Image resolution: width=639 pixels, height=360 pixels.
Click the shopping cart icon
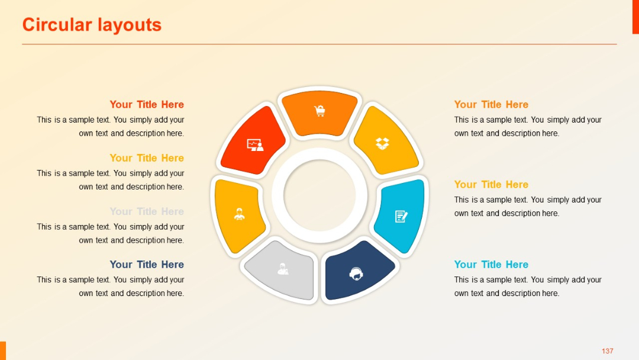tap(320, 111)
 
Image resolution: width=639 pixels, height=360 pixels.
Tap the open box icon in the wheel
tap(382, 143)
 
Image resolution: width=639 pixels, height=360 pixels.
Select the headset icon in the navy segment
tap(356, 274)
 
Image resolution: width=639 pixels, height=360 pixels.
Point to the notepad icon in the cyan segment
tap(401, 216)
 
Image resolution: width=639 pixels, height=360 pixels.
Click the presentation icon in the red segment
tap(255, 144)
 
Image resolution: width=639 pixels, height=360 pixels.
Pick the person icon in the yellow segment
tap(239, 214)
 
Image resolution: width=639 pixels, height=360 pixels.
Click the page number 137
tap(608, 351)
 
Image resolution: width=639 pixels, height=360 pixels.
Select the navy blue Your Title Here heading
tap(147, 265)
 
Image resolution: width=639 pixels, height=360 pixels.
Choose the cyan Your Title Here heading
tap(491, 265)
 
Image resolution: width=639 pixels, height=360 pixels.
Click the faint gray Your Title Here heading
tap(147, 211)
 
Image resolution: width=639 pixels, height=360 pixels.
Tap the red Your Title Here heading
tap(147, 105)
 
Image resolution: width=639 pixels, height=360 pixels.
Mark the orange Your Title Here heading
tap(491, 105)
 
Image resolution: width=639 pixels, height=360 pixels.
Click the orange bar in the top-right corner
tap(635, 17)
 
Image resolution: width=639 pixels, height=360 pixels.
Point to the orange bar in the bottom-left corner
tap(3, 351)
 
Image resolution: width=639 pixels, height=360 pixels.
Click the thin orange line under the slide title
tap(319, 44)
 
